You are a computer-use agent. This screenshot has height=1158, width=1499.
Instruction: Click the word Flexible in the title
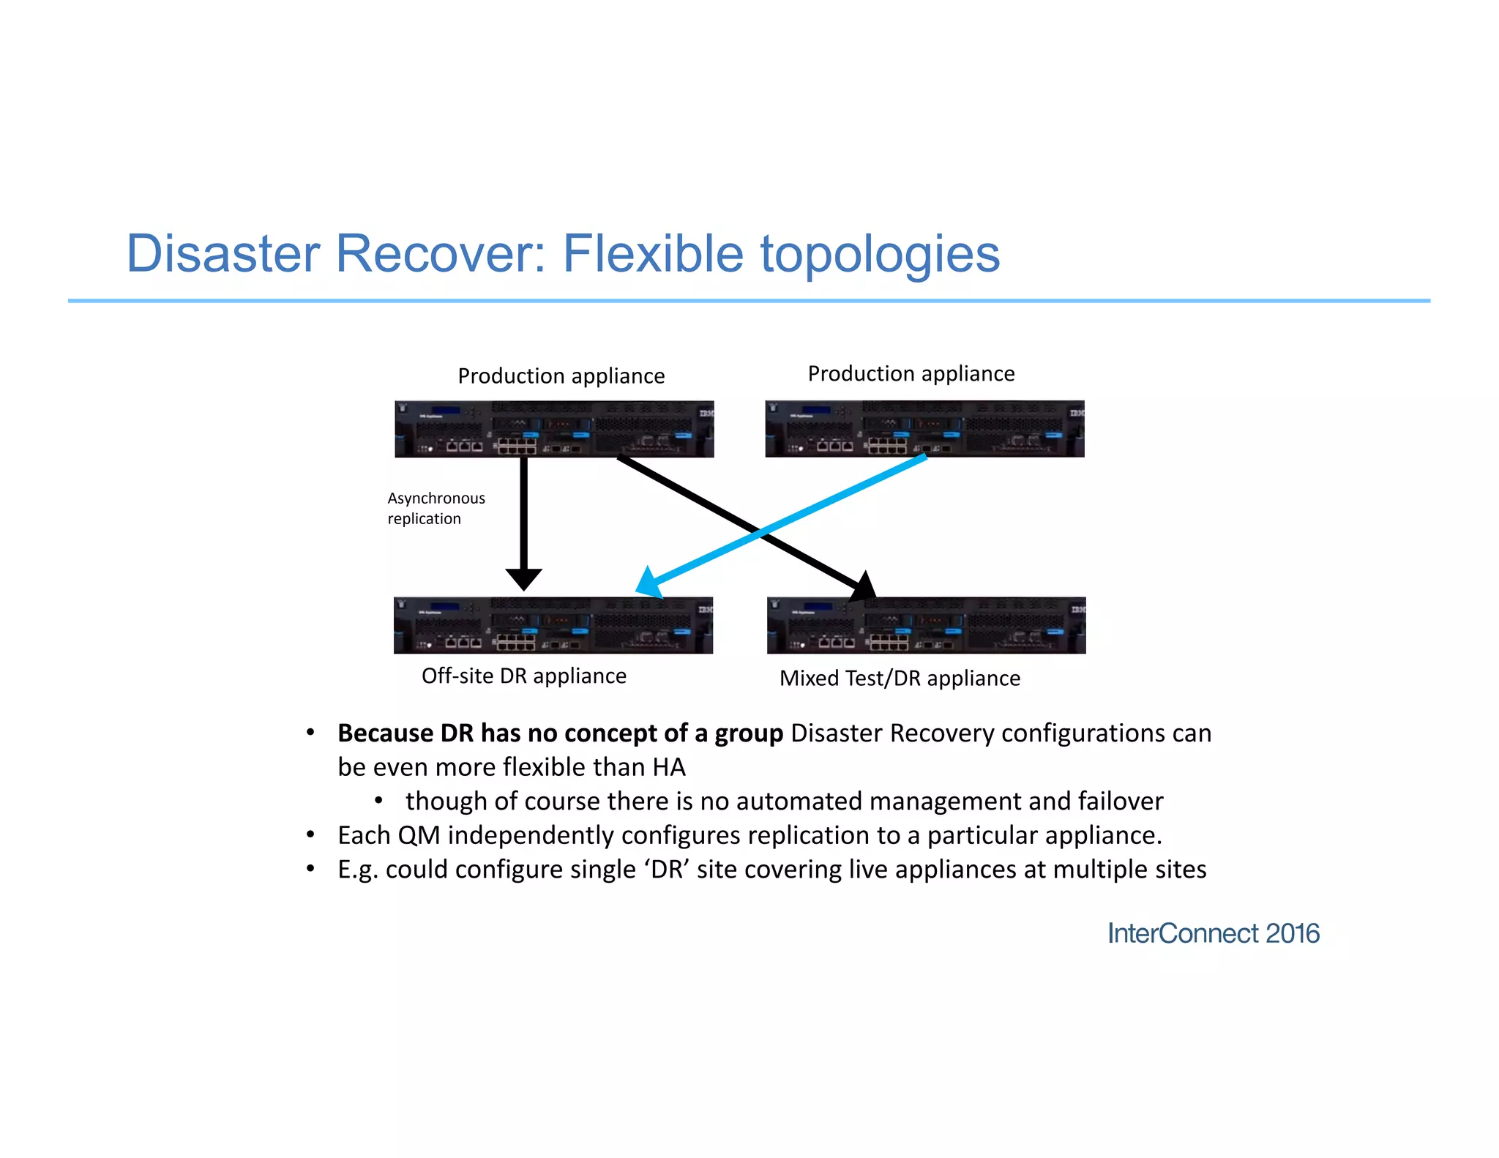(652, 253)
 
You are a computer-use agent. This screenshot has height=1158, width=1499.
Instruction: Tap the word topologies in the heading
(880, 255)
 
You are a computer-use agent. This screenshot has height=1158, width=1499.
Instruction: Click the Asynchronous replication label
(436, 508)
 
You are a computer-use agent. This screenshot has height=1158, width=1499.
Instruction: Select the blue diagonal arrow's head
(647, 583)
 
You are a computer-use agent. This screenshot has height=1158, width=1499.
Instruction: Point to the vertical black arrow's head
(524, 579)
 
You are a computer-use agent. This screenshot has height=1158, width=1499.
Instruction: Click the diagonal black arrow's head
(863, 586)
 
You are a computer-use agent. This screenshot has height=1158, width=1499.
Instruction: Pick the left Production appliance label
(561, 376)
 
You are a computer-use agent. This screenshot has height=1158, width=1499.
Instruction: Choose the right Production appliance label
(911, 374)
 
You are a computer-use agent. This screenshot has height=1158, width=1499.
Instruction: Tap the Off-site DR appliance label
(523, 676)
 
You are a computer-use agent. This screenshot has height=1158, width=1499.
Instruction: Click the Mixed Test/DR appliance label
(899, 679)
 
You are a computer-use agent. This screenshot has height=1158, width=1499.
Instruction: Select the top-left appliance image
(554, 429)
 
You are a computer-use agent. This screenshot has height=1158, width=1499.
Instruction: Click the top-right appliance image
(924, 429)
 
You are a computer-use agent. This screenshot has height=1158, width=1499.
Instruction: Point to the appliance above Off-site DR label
(553, 625)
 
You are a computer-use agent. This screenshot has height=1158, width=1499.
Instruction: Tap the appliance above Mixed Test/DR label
(926, 625)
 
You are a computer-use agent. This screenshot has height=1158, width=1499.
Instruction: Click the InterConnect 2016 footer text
(1213, 933)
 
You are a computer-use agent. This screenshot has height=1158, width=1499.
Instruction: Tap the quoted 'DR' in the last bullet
(667, 870)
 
